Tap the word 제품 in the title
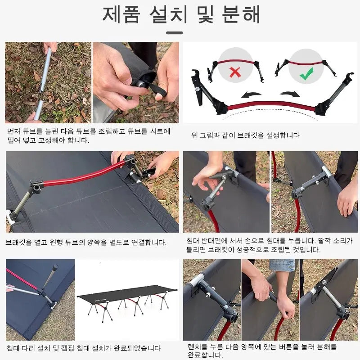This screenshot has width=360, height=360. (121, 14)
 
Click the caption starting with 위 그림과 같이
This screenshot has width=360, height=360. (245, 135)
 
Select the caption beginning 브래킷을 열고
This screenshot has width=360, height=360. (86, 242)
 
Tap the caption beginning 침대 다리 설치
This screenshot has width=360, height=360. (84, 348)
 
